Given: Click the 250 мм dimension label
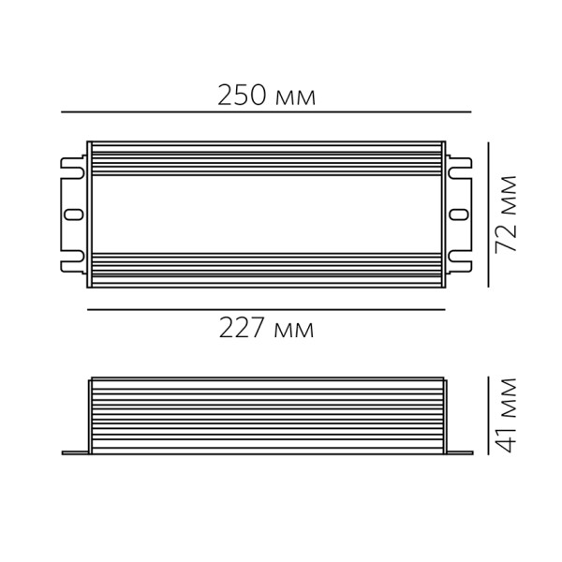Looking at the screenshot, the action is tap(266, 96).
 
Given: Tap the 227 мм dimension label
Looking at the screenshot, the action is tap(266, 327).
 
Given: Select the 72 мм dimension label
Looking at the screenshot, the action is tap(506, 214).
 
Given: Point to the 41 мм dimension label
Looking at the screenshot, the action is tap(506, 416).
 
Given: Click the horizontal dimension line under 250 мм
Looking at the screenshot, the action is tap(266, 112).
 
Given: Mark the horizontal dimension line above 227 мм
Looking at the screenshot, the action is tap(266, 309).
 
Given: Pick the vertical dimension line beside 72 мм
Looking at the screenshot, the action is tap(488, 214).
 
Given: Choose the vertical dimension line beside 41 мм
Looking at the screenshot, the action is tap(488, 415).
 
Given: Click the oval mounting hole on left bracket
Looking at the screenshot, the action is tap(73, 214).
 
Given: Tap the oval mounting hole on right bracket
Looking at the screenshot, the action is tap(459, 214).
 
